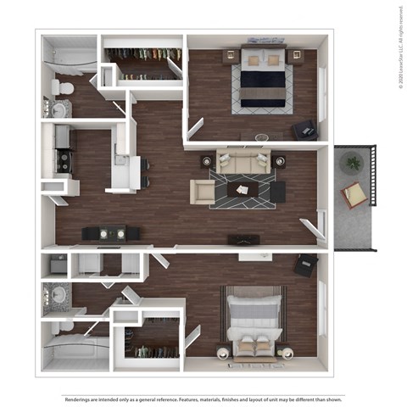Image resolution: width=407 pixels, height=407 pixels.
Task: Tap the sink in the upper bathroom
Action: pyautogui.click(x=60, y=109)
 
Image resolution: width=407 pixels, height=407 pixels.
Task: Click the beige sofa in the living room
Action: pyautogui.click(x=243, y=161)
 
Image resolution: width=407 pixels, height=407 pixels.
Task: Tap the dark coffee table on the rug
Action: pyautogui.click(x=246, y=190)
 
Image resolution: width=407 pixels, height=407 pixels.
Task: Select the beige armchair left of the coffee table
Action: pyautogui.click(x=203, y=192)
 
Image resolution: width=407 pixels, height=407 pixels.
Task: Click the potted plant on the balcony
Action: pyautogui.click(x=352, y=161)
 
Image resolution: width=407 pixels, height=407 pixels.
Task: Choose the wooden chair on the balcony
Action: pyautogui.click(x=355, y=196)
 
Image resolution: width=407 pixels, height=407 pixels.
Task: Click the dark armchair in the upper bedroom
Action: pyautogui.click(x=304, y=130)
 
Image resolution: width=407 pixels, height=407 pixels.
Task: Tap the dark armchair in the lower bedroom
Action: pyautogui.click(x=304, y=265)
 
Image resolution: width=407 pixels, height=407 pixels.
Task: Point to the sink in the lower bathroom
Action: pyautogui.click(x=59, y=295)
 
